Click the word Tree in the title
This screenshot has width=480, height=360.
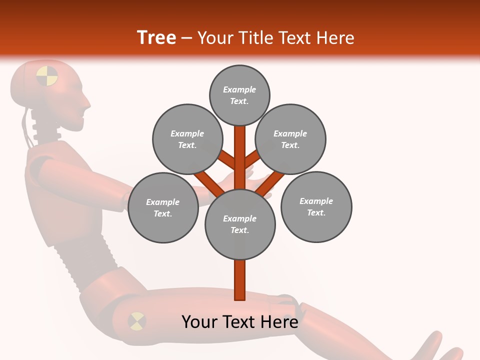click(x=156, y=37)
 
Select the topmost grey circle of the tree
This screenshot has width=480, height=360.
click(x=239, y=95)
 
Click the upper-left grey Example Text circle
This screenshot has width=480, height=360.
click(x=187, y=139)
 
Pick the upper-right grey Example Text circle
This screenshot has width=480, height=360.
click(x=290, y=139)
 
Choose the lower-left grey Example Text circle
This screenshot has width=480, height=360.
click(x=162, y=207)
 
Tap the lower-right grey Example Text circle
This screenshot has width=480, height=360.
click(x=316, y=206)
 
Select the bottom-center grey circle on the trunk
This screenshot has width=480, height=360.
click(x=239, y=224)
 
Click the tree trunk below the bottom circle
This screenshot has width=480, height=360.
click(x=239, y=280)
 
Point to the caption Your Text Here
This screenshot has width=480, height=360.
click(x=239, y=322)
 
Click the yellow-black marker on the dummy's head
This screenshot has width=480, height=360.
click(x=47, y=75)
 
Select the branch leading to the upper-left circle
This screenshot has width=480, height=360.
click(x=227, y=161)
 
